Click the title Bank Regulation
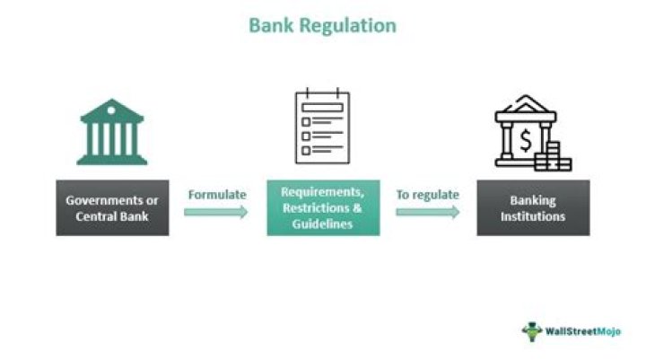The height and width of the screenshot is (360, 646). coord(322,24)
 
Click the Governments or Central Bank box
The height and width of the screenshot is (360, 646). coord(112,207)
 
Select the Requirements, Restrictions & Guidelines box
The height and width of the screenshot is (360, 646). coord(323,207)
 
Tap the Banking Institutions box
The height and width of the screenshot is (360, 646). coord(533,207)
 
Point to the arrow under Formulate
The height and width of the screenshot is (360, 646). coord(216,213)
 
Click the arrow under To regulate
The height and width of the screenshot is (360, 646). coord(427,213)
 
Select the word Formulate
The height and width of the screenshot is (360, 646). coord(217,194)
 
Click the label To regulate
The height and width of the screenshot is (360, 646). coord(427,194)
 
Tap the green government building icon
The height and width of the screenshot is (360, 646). coord(112,132)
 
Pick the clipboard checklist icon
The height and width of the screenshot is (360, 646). coord(322,127)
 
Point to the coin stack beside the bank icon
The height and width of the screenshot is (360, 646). coord(558,157)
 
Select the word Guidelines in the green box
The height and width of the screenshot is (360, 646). coord(323,223)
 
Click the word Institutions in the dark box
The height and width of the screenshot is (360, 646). coord(533,215)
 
